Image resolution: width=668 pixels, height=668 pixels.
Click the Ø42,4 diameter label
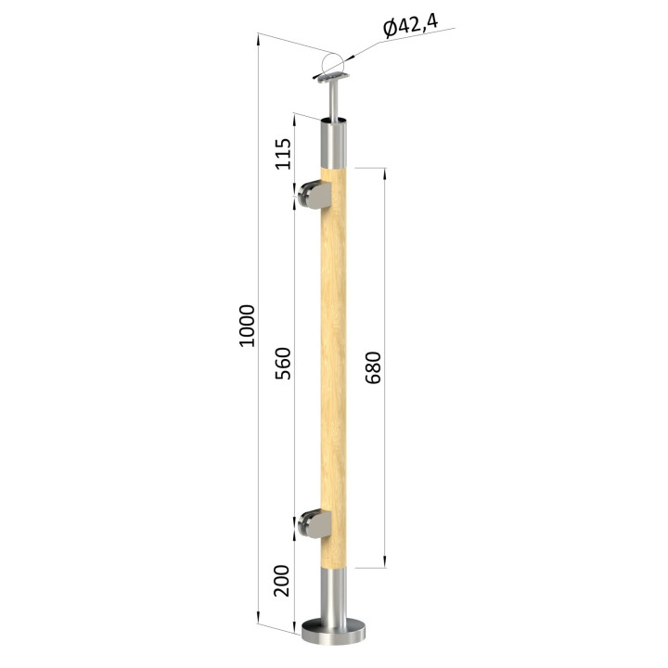pyautogui.click(x=410, y=26)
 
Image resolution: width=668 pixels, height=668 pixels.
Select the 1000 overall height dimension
pyautogui.click(x=247, y=326)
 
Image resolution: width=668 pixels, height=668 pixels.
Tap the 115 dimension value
pyautogui.click(x=282, y=154)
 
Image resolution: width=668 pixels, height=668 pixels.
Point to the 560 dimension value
pyautogui.click(x=282, y=364)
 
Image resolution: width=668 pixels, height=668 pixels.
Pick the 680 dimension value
pyautogui.click(x=373, y=367)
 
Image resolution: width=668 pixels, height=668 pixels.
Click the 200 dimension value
pyautogui.click(x=281, y=581)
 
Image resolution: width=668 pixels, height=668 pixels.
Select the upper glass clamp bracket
pyautogui.click(x=315, y=195)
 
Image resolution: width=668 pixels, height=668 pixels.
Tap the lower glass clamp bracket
pyautogui.click(x=315, y=523)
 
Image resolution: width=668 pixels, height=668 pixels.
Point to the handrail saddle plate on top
pyautogui.click(x=333, y=78)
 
